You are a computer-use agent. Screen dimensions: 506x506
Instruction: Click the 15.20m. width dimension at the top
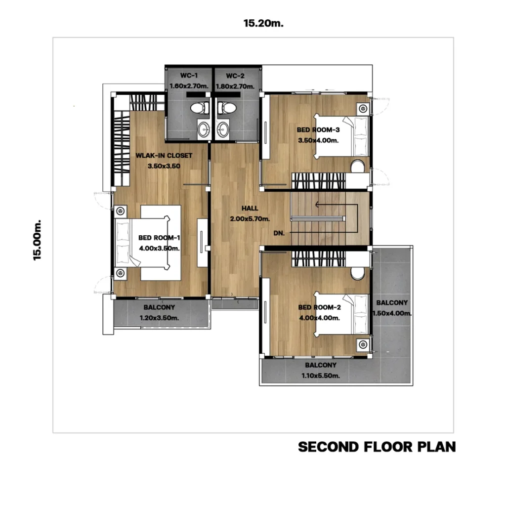pos(263,23)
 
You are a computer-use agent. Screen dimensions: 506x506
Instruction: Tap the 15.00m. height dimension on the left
pos(37,240)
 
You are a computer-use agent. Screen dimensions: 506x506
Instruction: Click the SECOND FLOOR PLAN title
pos(377,447)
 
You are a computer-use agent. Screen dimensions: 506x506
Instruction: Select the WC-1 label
pos(189,76)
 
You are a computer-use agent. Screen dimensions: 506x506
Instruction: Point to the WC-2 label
pos(235,76)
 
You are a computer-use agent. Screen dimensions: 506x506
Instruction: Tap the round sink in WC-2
pos(222,130)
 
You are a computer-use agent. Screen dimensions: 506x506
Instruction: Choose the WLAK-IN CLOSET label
pos(164,156)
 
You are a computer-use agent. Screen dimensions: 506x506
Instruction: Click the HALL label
pos(250,208)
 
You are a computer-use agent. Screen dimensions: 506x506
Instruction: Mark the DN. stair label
pos(279,233)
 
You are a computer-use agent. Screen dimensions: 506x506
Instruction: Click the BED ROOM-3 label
pos(318,130)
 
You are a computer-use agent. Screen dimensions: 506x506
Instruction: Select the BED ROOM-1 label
pos(159,238)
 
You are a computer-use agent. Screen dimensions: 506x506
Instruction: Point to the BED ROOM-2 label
pos(320,307)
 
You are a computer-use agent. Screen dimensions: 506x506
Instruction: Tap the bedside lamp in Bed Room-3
pos(363,108)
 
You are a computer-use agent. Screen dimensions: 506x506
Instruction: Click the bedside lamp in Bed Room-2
pos(363,344)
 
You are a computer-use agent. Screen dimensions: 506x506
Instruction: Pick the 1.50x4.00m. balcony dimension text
pos(392,313)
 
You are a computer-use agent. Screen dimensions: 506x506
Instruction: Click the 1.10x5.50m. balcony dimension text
pos(320,376)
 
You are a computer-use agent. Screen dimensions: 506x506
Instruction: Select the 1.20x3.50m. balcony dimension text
pos(159,318)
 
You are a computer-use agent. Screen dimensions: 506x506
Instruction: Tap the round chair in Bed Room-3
pos(357,166)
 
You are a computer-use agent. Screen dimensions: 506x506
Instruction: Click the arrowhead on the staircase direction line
pos(317,204)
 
